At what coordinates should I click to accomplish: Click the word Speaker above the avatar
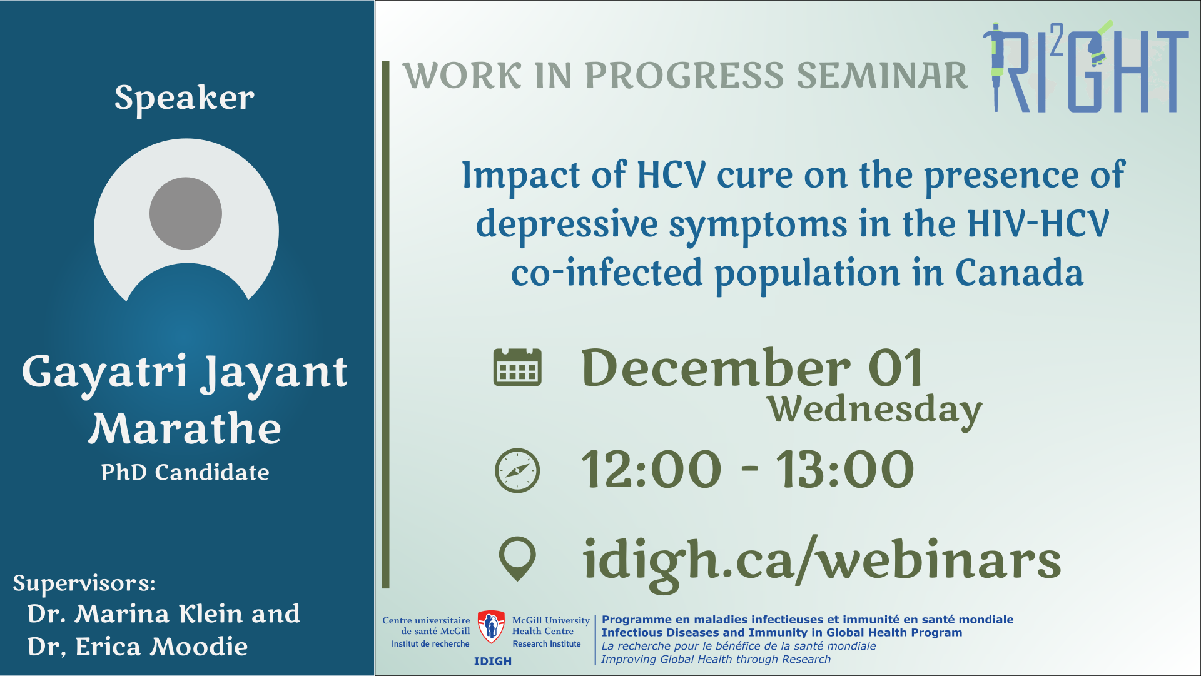185,99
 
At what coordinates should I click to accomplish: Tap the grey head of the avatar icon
186,213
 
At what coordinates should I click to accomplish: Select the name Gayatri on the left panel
104,372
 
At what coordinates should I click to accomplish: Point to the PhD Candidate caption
185,472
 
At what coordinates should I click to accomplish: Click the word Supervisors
84,583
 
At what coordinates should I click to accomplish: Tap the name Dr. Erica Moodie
138,647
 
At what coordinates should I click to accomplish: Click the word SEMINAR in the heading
882,76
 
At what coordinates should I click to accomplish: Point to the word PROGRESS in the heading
684,76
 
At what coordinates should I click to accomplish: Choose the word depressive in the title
567,224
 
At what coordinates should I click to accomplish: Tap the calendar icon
517,367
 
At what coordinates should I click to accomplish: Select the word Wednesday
875,410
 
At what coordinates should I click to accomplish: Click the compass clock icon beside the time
517,470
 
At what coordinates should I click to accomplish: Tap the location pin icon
517,558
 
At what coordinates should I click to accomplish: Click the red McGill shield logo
491,627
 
